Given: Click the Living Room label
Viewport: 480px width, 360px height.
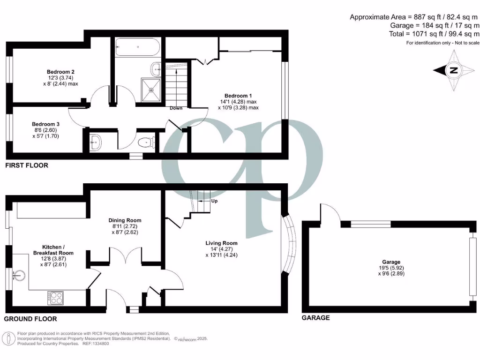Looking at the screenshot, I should coord(221,243).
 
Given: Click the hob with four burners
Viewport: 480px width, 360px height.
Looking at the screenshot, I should coord(56,297).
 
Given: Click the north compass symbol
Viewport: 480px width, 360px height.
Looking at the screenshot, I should coord(452,71).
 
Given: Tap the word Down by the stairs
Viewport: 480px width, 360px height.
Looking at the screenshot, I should coord(176,108).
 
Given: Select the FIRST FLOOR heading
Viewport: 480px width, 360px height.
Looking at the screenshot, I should coord(26,165).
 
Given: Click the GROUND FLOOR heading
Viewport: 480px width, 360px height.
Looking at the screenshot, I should coord(30,319).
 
